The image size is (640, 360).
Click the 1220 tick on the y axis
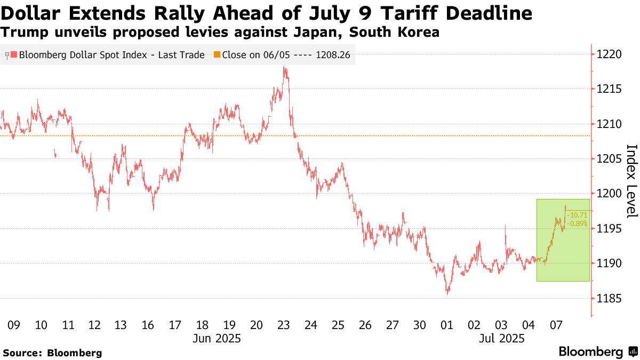(x=608, y=54)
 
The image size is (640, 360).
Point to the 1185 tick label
(x=608, y=299)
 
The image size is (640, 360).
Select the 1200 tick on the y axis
(x=608, y=194)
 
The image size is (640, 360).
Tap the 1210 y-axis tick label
(x=608, y=124)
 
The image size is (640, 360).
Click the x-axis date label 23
(x=284, y=325)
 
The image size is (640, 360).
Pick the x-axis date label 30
(x=420, y=325)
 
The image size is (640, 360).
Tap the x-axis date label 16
(x=148, y=325)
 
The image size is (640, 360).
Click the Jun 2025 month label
(x=217, y=339)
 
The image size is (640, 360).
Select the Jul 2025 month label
(x=501, y=339)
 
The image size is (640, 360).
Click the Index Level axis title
(x=631, y=181)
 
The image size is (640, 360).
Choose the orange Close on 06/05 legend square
(x=217, y=54)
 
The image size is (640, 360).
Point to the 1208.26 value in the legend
(x=333, y=54)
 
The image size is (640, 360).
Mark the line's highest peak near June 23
(x=285, y=67)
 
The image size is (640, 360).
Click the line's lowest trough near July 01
(x=447, y=293)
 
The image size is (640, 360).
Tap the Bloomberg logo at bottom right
(x=591, y=352)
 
